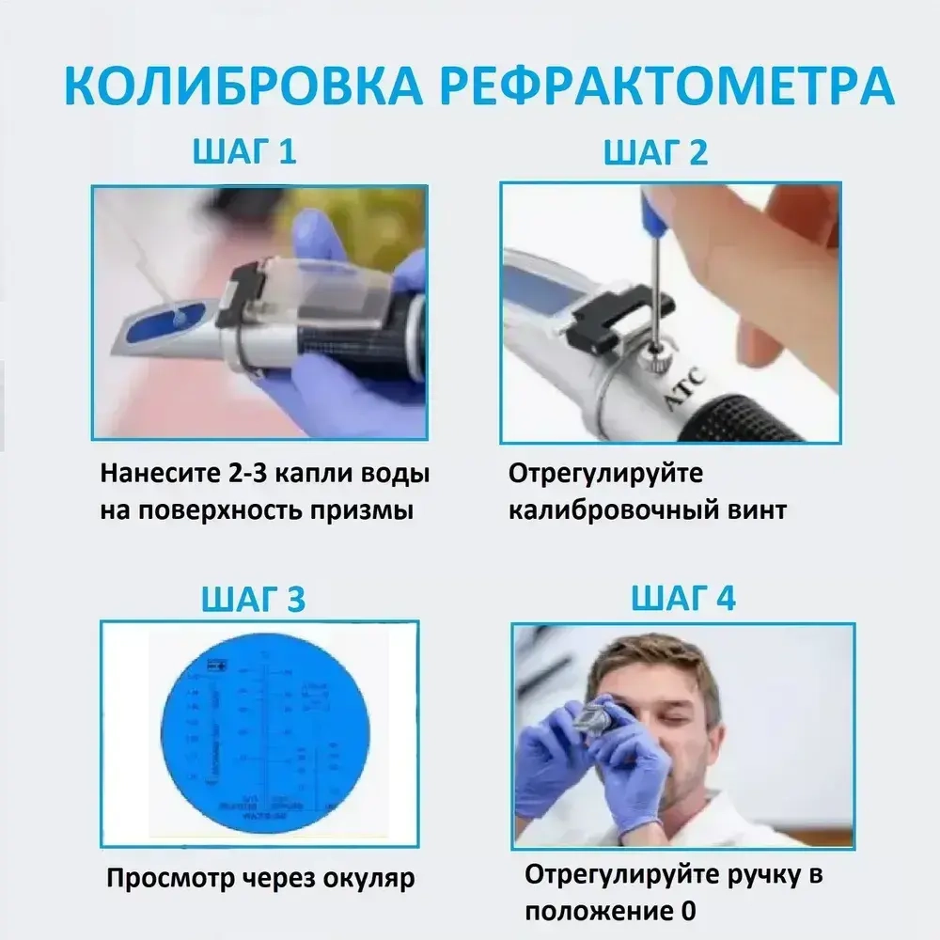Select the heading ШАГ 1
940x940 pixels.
coord(244,151)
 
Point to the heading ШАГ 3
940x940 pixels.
coord(253,599)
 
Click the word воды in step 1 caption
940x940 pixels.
coord(398,473)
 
